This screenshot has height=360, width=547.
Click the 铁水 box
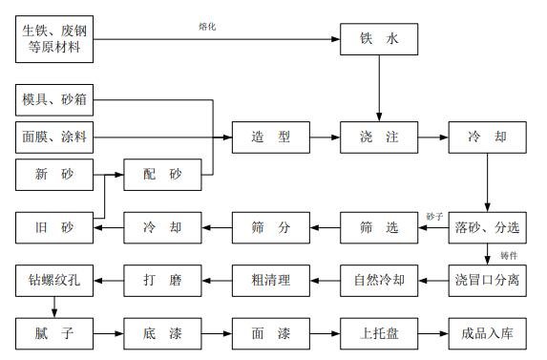[x=379, y=39]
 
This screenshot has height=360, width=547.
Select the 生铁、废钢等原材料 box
[x=53, y=39]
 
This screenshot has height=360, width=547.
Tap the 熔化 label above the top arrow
[x=207, y=26]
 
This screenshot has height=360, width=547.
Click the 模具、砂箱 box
[x=53, y=98]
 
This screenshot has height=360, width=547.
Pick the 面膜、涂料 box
[x=53, y=137]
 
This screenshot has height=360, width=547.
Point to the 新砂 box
[x=53, y=176]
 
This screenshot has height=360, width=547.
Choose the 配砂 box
[x=161, y=176]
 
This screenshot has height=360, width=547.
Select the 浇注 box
[x=379, y=137]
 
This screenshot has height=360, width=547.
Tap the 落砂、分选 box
[x=488, y=227]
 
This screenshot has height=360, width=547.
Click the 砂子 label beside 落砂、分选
[x=436, y=217]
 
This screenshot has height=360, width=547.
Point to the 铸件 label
[x=509, y=255]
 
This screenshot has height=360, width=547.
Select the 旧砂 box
[x=53, y=227]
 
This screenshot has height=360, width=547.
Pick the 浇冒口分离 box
[x=488, y=281]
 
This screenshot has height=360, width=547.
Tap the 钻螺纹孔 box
[x=53, y=281]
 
